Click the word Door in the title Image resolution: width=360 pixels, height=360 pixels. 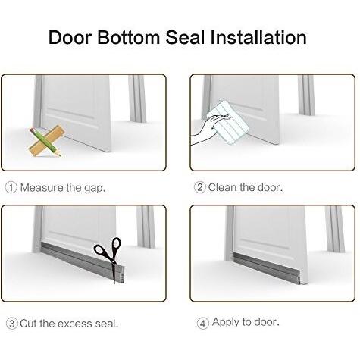pos(70,37)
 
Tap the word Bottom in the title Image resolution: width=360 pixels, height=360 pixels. pos(129,37)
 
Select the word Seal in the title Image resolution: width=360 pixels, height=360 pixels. pos(185,37)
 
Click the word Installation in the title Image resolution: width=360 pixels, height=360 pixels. pos(258,37)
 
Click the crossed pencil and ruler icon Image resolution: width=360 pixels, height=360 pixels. pos(45,141)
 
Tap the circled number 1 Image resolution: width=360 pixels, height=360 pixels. pos(11,188)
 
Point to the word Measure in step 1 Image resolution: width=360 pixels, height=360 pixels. pos(42,188)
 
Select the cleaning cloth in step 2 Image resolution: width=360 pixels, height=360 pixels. pos(229,123)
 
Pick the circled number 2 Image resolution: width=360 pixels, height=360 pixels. pos(200,187)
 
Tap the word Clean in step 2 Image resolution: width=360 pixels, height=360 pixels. pos(223,187)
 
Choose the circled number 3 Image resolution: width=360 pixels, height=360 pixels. pos(12,324)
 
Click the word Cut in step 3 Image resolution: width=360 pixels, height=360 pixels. pos(29,324)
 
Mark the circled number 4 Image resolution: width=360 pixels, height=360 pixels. pos(203,324)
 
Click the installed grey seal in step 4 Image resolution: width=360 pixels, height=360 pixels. pos(267,268)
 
